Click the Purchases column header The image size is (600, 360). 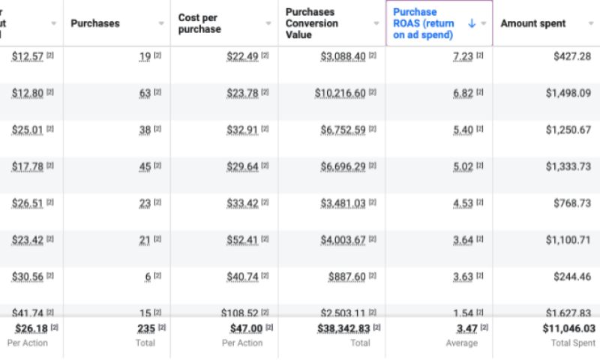point(95,23)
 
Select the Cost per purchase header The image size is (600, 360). point(199,23)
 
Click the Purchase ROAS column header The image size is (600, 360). point(424,23)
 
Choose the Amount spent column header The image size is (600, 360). point(533,23)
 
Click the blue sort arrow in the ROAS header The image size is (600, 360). point(472,23)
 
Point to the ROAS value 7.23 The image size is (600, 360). point(463,57)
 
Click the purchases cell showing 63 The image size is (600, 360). point(145,93)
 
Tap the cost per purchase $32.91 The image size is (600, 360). point(242,130)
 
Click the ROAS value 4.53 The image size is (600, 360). point(463,202)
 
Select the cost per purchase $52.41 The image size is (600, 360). point(242,240)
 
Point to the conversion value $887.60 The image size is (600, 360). point(347,276)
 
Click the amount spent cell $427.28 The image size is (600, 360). point(574,56)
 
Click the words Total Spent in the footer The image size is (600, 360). point(573,343)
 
